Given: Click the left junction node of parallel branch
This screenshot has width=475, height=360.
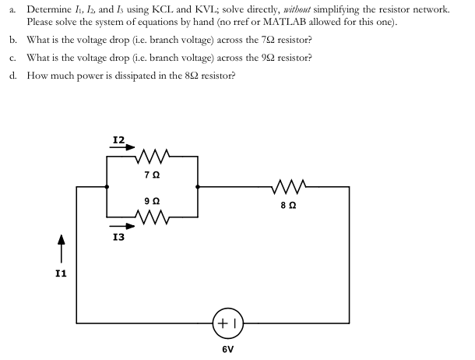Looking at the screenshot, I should pos(107,187).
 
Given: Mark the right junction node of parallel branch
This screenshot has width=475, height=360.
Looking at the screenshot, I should pos(198,187).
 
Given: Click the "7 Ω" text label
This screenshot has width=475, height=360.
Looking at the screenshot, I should pos(153,175).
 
